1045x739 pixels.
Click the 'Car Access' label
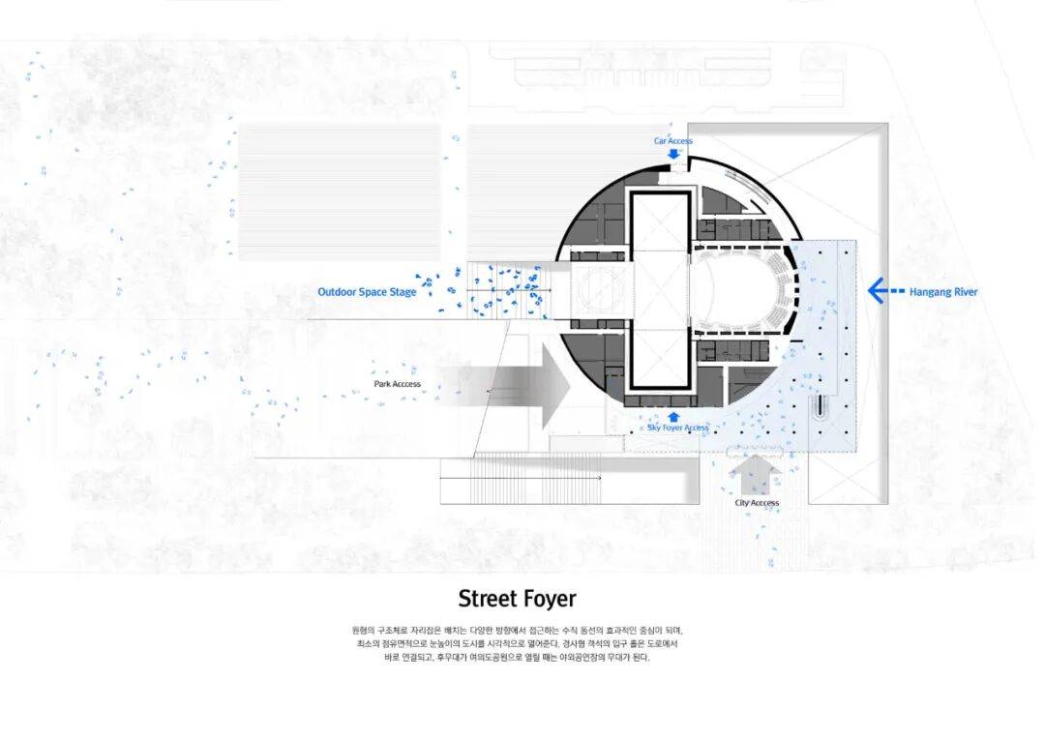[x=672, y=141]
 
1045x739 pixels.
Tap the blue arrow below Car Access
[x=673, y=154]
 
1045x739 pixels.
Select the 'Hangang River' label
[x=942, y=291]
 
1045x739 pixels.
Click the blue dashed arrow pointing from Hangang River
[x=884, y=290]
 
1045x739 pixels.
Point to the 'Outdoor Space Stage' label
[x=367, y=292]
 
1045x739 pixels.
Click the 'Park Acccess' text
[x=398, y=384]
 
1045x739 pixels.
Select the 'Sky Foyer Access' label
[x=677, y=428]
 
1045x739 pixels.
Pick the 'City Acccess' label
[x=757, y=503]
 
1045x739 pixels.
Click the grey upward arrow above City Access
[x=756, y=475]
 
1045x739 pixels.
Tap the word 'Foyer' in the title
[x=555, y=599]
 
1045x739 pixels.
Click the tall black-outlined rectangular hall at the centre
[x=660, y=290]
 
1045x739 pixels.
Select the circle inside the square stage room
[x=600, y=291]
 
